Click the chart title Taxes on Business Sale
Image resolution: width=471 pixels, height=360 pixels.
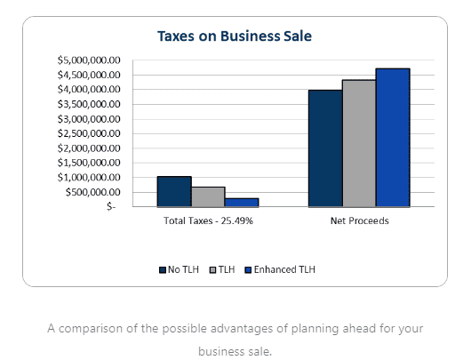[234, 36]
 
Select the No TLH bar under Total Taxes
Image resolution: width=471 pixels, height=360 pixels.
[174, 191]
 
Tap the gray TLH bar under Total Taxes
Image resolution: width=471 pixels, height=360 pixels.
[208, 196]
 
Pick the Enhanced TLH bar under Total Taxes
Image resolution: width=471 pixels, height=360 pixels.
[241, 202]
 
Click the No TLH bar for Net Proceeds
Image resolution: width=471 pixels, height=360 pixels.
[324, 148]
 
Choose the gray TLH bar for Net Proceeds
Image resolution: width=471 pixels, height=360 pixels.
[358, 143]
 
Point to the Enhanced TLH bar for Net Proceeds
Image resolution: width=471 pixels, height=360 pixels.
[392, 137]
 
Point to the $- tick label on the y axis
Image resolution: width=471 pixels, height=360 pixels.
[110, 206]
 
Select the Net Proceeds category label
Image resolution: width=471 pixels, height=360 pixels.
[358, 220]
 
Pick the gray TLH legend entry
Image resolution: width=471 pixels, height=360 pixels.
[224, 269]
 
